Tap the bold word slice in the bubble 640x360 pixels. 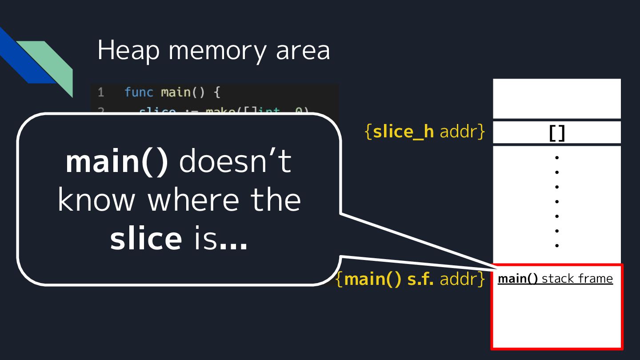pos(146,238)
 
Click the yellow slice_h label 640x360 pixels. pos(403,132)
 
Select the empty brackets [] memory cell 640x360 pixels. pos(556,132)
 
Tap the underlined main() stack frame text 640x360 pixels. pos(555,279)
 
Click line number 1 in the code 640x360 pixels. pos(101,92)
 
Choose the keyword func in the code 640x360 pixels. pos(139,92)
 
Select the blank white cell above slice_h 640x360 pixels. pos(556,98)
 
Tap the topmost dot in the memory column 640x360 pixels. pos(556,157)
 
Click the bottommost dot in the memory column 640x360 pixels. pos(556,245)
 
